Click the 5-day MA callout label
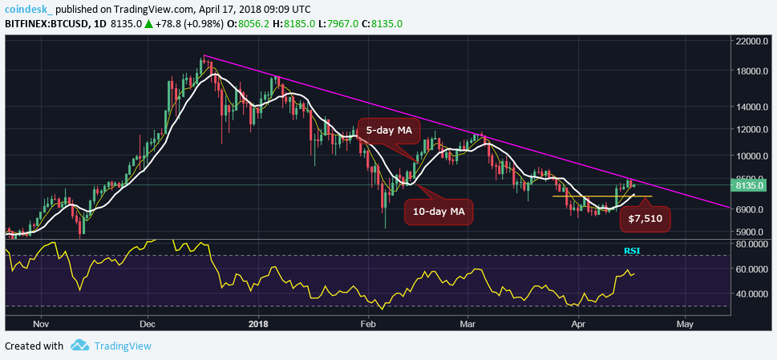(388, 130)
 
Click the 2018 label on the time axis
(257, 324)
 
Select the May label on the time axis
(684, 324)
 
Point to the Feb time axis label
(368, 324)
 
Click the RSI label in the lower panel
(633, 251)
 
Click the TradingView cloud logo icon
(79, 346)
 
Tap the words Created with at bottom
(34, 346)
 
